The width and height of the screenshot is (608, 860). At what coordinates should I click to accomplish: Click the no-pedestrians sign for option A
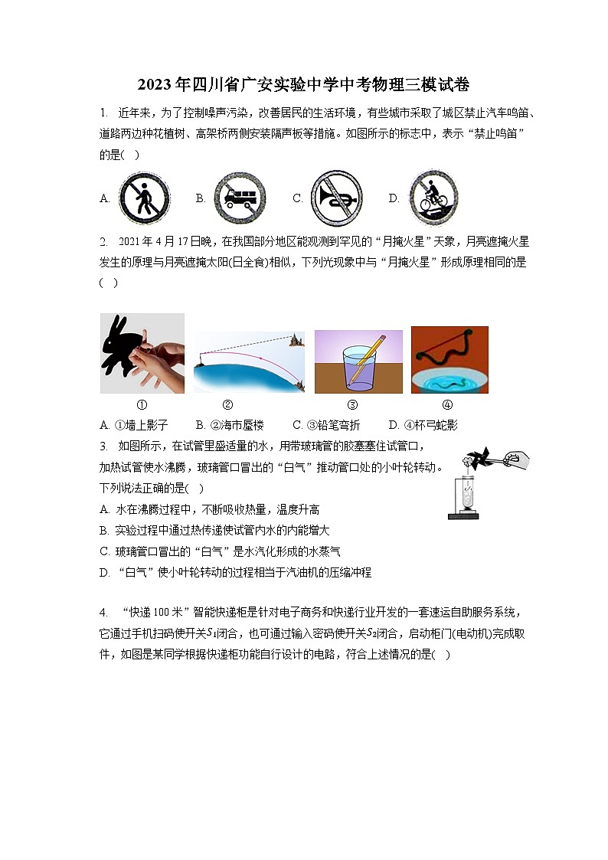tap(144, 198)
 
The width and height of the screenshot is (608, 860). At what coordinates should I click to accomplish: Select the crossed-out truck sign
tap(240, 198)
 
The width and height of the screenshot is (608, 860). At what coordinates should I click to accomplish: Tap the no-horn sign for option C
tap(336, 198)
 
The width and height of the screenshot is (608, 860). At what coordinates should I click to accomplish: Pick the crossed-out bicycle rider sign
tap(433, 198)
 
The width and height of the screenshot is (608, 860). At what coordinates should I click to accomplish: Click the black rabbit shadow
tap(122, 348)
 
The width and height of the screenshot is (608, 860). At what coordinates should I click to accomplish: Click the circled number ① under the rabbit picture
tap(142, 406)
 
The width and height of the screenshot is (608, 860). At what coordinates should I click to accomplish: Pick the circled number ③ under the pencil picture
tap(352, 406)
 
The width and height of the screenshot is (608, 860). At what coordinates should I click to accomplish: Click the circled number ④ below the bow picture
tap(447, 406)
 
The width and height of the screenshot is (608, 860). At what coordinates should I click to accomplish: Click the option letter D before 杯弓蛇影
tap(394, 425)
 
